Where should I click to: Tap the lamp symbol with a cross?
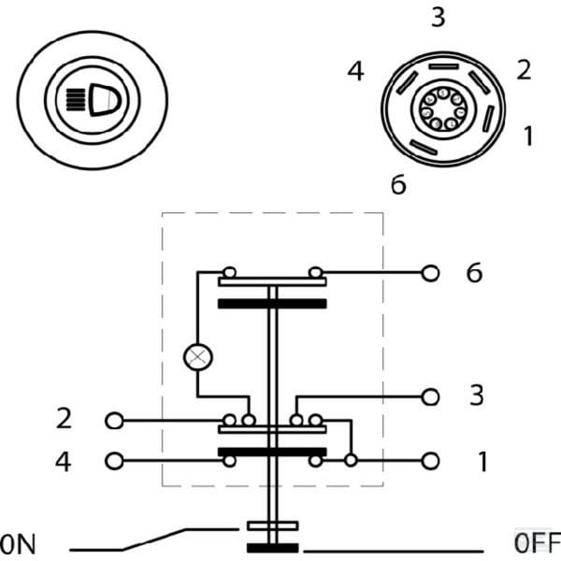point(198,357)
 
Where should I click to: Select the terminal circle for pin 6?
point(430,274)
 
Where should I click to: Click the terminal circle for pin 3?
point(430,397)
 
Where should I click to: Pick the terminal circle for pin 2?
point(114,421)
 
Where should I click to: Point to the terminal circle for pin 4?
point(114,461)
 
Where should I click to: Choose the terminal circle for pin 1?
point(430,461)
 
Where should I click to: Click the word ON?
point(18,544)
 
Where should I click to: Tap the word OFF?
point(538,542)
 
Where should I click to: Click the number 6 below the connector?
point(398,184)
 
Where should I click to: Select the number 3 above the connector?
point(439,17)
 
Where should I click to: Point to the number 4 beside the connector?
point(355,71)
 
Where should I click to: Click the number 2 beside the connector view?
point(524,70)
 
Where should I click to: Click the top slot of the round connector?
point(443,66)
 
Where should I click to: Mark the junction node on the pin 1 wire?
point(351,460)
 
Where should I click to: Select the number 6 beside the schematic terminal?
point(474,273)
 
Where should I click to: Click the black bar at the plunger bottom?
point(273,548)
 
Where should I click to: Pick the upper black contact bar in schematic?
point(272,304)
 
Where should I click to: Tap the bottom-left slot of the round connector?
point(424,148)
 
